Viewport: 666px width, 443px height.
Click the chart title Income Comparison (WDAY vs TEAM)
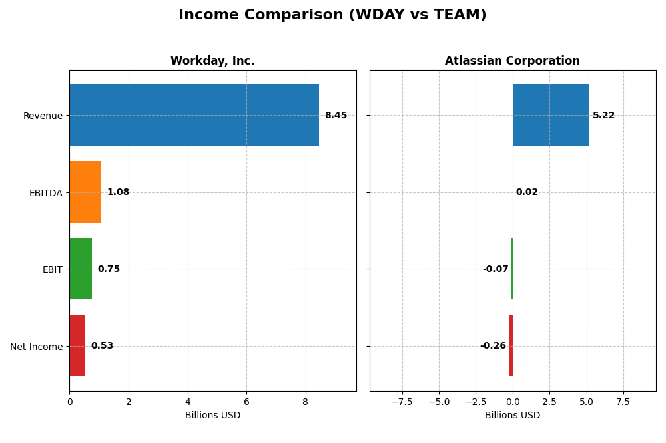332,15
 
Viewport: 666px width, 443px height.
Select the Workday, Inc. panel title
212,61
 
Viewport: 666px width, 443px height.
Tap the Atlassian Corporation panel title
512,61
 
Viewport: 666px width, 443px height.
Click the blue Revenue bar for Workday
194,115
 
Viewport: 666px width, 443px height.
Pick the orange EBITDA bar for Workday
85,192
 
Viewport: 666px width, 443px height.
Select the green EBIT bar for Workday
81,269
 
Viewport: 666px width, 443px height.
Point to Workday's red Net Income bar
77,346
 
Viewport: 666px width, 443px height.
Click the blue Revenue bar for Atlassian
551,115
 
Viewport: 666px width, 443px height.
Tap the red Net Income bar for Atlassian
511,346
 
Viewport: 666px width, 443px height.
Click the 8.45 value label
336,116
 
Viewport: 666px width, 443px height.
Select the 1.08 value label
118,192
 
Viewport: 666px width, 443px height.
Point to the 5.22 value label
603,116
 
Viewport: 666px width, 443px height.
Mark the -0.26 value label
493,346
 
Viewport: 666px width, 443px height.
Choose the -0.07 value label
496,269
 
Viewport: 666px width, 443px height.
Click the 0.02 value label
527,192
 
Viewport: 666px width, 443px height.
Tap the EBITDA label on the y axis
45,193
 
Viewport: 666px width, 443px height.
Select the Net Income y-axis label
37,347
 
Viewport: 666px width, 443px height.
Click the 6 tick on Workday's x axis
246,402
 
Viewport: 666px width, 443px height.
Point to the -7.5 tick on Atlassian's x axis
402,402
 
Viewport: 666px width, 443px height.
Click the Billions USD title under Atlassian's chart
512,415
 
